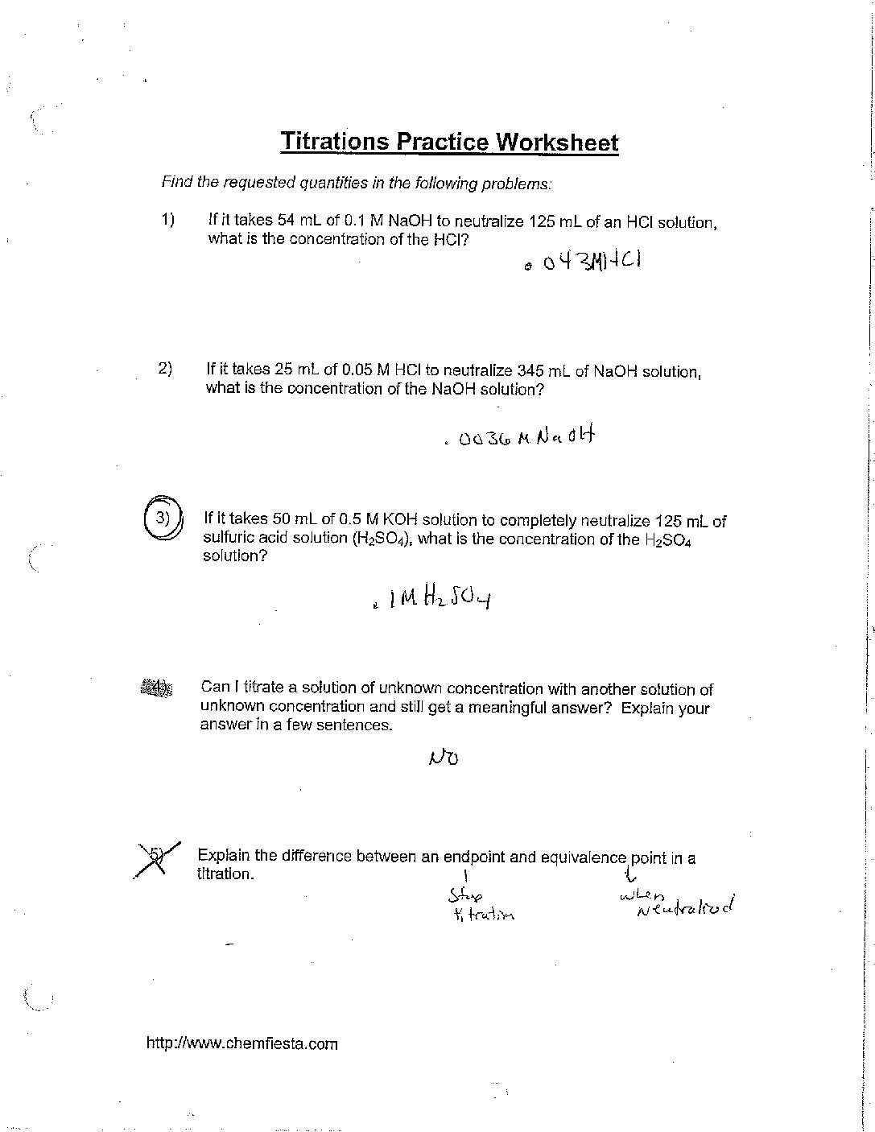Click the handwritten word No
(x=444, y=756)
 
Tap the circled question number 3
(x=163, y=518)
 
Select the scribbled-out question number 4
(x=156, y=688)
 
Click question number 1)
(x=167, y=219)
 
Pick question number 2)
(x=165, y=369)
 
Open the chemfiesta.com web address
(x=242, y=1044)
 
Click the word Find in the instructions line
(x=177, y=182)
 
